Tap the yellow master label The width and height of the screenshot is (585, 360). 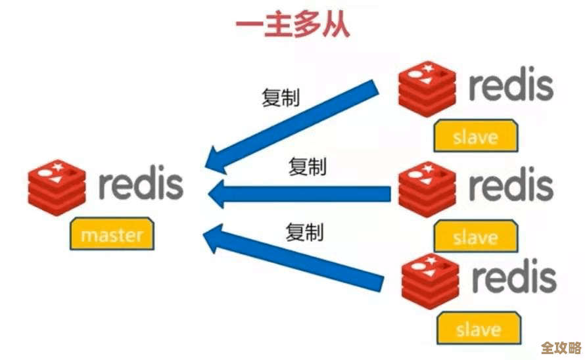coord(112,233)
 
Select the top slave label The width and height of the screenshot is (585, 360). coord(475,137)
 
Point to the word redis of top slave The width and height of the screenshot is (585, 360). coord(510,85)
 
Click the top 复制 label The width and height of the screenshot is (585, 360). coord(281,99)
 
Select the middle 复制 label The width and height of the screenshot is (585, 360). coord(307,167)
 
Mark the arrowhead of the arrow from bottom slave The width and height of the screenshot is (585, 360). coord(216,238)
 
